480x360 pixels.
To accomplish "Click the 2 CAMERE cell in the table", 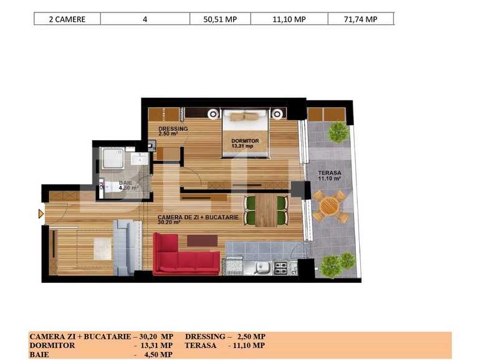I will (67, 19).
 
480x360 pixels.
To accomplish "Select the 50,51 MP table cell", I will (220, 19).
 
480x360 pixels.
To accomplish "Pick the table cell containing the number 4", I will (145, 19).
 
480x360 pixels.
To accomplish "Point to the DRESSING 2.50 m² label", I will (173, 131).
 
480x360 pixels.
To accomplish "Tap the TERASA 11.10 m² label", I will (329, 176).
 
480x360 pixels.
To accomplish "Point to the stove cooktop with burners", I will (281, 268).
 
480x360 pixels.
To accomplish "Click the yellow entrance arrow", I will (41, 214).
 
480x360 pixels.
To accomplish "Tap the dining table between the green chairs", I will (266, 211).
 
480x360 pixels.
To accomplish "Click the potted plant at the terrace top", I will (338, 131).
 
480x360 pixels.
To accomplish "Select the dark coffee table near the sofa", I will (202, 240).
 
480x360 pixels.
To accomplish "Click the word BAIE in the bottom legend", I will (39, 354).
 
